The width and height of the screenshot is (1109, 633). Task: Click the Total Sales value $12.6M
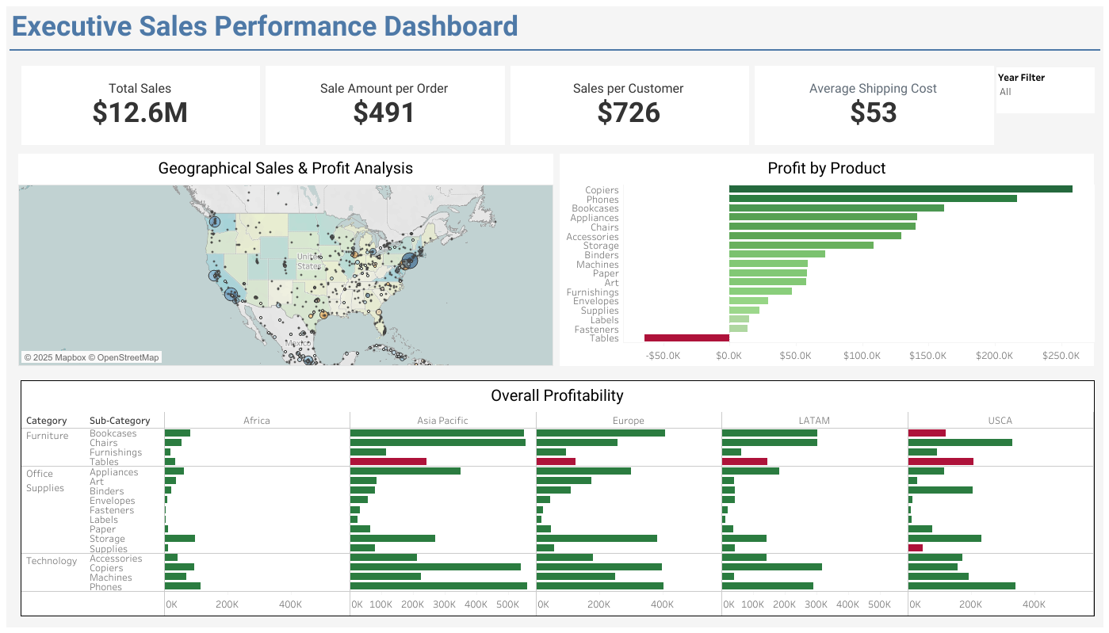click(140, 112)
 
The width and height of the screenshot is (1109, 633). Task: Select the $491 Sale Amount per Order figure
click(384, 112)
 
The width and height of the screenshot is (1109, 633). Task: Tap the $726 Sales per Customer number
click(629, 112)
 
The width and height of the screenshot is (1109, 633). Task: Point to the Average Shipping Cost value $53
click(873, 112)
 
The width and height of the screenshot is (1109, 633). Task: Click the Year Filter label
click(1021, 78)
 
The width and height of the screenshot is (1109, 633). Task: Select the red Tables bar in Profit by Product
click(686, 338)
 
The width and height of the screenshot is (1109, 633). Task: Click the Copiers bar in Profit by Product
click(900, 189)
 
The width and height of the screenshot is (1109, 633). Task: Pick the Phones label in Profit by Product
click(602, 200)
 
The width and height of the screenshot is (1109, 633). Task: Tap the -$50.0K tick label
click(663, 356)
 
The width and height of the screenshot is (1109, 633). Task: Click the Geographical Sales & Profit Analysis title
click(285, 168)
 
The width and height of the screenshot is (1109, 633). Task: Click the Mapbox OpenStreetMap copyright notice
click(91, 357)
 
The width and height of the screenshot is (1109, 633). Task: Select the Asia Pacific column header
click(442, 421)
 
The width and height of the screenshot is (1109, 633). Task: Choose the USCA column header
click(1000, 421)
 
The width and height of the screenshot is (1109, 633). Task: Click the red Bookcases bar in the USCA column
click(927, 433)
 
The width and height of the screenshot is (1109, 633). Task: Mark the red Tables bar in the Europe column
click(556, 461)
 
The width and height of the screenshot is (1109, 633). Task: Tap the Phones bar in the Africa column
click(182, 586)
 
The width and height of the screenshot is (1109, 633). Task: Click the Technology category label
click(52, 561)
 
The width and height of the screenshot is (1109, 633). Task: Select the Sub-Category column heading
click(120, 421)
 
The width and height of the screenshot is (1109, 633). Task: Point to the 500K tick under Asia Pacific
click(507, 604)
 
